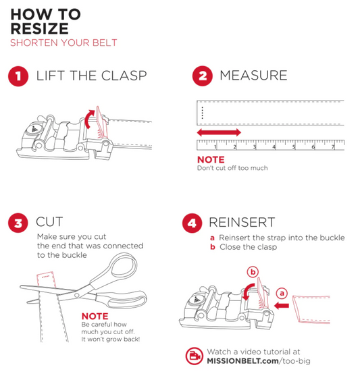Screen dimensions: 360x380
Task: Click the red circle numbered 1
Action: click(x=18, y=76)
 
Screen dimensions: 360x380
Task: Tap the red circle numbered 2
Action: click(x=203, y=76)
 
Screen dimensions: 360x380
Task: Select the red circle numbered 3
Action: click(x=18, y=223)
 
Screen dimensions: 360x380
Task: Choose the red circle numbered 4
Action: click(x=192, y=223)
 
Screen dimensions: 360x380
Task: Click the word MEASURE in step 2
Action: click(x=253, y=75)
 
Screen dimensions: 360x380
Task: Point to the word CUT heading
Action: click(x=49, y=221)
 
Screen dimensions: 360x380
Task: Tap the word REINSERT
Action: click(x=242, y=222)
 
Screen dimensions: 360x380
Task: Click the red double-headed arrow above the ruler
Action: click(x=219, y=132)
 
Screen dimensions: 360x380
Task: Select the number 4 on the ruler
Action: click(x=274, y=147)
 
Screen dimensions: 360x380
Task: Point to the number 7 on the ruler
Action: click(x=333, y=147)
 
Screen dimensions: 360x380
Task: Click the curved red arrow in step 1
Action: click(x=88, y=119)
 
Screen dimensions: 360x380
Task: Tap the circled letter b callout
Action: click(x=253, y=272)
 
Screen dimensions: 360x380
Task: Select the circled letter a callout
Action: click(x=282, y=294)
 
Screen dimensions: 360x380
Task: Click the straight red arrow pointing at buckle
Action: click(x=282, y=306)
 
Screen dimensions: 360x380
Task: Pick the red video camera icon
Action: click(x=194, y=356)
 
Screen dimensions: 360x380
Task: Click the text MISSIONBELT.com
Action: click(x=243, y=361)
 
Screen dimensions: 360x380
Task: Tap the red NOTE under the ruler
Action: click(x=211, y=160)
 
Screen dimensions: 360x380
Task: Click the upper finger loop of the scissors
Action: click(x=121, y=267)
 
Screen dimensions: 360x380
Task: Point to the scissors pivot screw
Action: click(x=77, y=295)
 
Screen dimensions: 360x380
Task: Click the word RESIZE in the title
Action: click(x=40, y=28)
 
